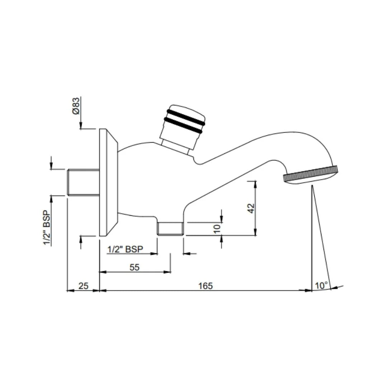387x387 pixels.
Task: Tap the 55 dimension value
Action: (x=134, y=267)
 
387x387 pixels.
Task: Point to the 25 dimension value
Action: (x=83, y=286)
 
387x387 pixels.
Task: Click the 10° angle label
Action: (x=321, y=286)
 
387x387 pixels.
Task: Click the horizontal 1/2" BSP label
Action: (x=125, y=249)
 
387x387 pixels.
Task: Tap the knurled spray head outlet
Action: (x=310, y=175)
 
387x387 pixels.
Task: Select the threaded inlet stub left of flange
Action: (x=83, y=182)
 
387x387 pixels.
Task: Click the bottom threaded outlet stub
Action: (x=171, y=228)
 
